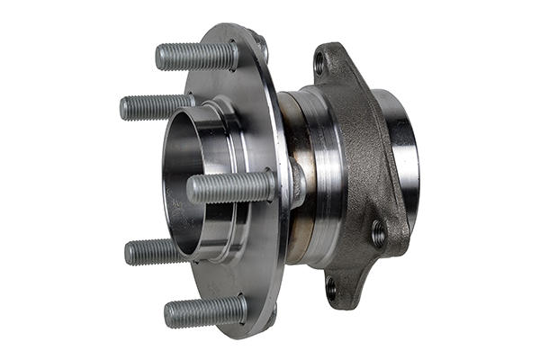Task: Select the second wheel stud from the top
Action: [157, 107]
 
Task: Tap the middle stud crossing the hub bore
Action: [230, 187]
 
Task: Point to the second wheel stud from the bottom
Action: [157, 251]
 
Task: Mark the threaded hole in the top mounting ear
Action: [319, 65]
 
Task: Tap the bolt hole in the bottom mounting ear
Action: [330, 289]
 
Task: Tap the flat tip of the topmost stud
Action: [159, 57]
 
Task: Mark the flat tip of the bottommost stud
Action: [168, 314]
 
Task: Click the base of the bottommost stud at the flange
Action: [241, 309]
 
